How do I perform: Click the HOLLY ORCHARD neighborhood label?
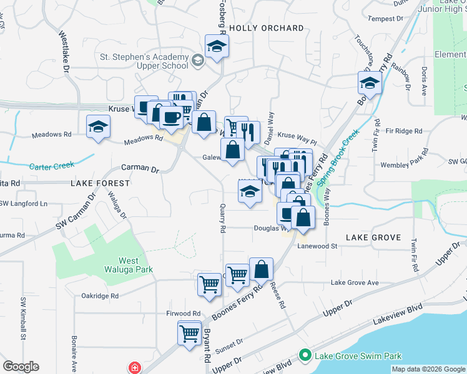(x=267, y=28)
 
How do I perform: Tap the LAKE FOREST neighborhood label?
(x=101, y=183)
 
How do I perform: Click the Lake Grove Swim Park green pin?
(x=305, y=356)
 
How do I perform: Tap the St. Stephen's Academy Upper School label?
(x=144, y=61)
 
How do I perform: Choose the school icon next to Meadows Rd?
(x=97, y=127)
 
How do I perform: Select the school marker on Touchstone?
(x=370, y=83)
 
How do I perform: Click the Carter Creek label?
(x=51, y=166)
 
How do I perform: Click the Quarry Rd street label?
(x=223, y=219)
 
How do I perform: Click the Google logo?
(x=21, y=367)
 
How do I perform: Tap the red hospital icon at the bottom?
(x=134, y=368)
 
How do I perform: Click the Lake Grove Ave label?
(x=355, y=282)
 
